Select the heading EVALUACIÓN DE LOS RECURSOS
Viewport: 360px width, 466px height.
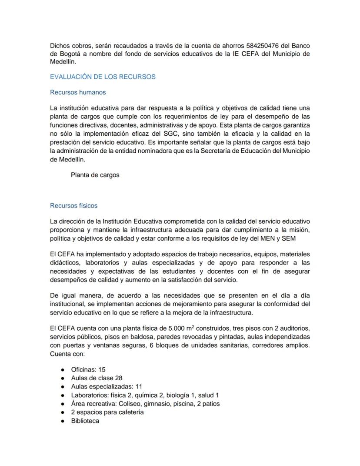(103, 77)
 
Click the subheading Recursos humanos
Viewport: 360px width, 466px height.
(78, 92)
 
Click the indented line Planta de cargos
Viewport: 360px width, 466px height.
(95, 175)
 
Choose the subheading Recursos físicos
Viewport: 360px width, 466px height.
(74, 205)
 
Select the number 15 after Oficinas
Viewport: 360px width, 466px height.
(102, 369)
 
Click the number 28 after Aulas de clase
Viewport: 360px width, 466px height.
(118, 378)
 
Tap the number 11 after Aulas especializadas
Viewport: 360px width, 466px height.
(139, 386)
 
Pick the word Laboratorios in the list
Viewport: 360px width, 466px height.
(90, 395)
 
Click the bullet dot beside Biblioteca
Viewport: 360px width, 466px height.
(63, 421)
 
